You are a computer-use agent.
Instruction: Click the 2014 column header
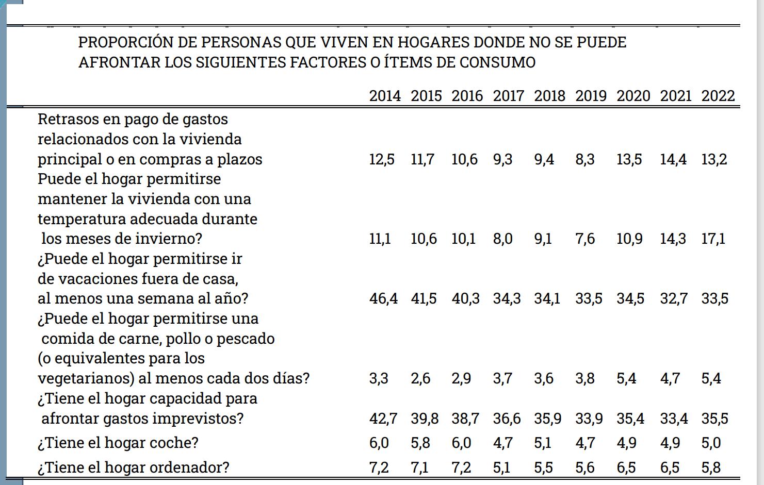[385, 96]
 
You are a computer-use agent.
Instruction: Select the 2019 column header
[591, 96]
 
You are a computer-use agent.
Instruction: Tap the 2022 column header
[718, 96]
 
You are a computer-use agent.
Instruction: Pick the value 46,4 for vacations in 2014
[383, 298]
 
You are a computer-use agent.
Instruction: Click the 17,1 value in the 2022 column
[713, 239]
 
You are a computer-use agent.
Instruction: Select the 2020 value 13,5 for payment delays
[629, 159]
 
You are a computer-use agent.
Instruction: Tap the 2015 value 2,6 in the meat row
[420, 378]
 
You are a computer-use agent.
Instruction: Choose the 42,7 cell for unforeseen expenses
[383, 419]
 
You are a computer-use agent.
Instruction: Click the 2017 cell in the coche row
[503, 443]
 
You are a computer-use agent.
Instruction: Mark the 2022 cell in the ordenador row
[711, 467]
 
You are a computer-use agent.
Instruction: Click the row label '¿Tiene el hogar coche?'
[118, 443]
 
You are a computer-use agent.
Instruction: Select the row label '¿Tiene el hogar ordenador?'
[134, 467]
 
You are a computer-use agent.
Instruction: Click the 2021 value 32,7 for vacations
[674, 298]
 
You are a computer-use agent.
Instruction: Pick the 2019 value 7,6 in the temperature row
[585, 239]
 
